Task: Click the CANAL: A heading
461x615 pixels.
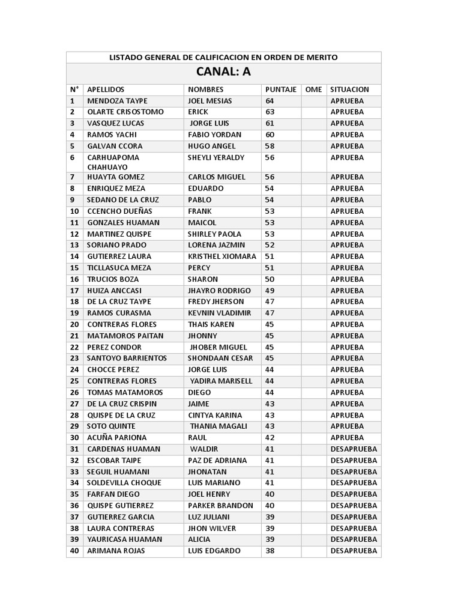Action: pos(223,72)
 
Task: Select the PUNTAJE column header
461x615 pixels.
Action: pos(281,89)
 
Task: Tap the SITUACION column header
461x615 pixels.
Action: pos(350,89)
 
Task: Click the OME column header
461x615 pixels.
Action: pos(313,89)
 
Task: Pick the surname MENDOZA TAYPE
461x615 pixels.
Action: pos(117,101)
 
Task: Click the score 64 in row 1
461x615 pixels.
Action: pos(270,101)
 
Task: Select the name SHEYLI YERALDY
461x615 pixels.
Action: pos(216,157)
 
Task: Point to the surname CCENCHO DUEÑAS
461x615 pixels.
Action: pos(119,211)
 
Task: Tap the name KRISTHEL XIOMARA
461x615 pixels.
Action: pos(222,256)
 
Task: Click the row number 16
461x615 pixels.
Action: pos(74,279)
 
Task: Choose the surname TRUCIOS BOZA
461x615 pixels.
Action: pos(113,279)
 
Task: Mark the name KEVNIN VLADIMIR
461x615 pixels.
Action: pos(220,313)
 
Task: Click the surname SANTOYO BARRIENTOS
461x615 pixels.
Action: pos(127,358)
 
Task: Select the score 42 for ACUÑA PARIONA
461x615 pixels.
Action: pos(270,438)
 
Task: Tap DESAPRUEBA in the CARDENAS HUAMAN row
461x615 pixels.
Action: pos(354,449)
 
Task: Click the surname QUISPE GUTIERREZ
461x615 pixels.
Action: pos(120,506)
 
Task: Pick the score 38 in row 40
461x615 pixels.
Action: pos(270,551)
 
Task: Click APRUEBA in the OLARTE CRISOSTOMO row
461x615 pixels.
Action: pos(347,112)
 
